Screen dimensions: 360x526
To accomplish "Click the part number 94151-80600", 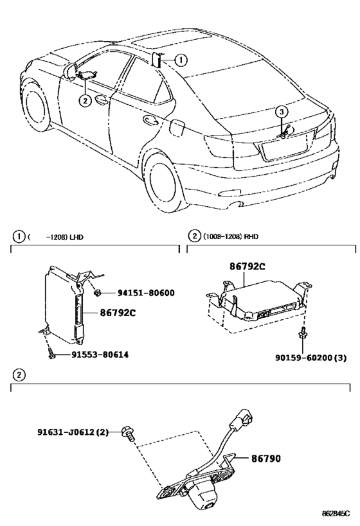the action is click(x=146, y=293).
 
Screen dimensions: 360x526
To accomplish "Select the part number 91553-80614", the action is click(x=100, y=355).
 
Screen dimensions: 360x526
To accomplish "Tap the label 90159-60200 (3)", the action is click(x=310, y=358).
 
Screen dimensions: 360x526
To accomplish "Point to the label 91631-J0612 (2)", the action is click(x=73, y=432).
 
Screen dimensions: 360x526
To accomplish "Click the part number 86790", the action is click(x=266, y=458).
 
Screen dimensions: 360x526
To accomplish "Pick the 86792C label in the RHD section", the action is click(x=248, y=267).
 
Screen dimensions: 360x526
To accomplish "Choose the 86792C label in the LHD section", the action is click(x=118, y=313).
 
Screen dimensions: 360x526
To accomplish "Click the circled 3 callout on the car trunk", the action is click(x=282, y=111).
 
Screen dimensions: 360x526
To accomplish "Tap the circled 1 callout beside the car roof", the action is click(x=181, y=60).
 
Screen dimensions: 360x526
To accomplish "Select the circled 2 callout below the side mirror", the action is click(x=85, y=100).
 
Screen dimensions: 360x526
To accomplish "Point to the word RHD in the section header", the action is click(x=251, y=236).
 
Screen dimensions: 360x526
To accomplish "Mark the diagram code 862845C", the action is click(x=336, y=513).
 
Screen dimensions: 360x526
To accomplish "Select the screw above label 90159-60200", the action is click(x=303, y=333).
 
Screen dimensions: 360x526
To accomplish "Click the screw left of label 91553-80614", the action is click(x=51, y=354).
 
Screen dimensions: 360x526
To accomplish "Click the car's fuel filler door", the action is click(x=177, y=127).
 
